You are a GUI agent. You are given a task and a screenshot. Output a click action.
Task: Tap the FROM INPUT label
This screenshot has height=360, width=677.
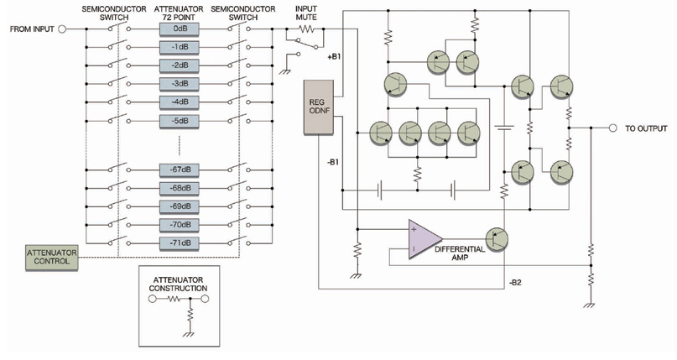[32, 29]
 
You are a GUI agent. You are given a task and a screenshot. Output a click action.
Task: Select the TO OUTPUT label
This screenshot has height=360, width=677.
[646, 129]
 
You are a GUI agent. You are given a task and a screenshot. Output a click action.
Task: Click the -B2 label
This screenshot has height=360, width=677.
[518, 283]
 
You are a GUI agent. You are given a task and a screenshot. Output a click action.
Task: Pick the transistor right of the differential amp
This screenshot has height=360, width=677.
[497, 238]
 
